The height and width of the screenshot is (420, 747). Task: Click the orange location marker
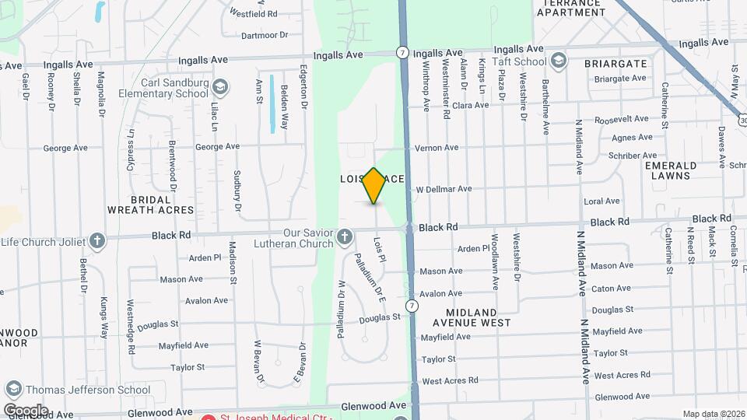(374, 185)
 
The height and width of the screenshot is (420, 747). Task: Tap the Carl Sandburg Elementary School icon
(220, 86)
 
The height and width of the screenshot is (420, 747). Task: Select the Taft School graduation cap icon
(558, 61)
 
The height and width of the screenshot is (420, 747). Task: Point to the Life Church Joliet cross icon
(96, 240)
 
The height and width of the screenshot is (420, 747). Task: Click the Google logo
(26, 410)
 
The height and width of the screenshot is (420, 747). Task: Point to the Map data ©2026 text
(713, 414)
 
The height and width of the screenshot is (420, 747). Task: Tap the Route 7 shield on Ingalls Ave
(402, 53)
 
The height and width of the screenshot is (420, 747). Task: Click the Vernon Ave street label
(437, 148)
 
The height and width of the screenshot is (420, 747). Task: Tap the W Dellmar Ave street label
(444, 189)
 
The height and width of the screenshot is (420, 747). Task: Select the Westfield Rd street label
(254, 13)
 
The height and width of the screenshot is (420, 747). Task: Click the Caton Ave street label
(611, 289)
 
